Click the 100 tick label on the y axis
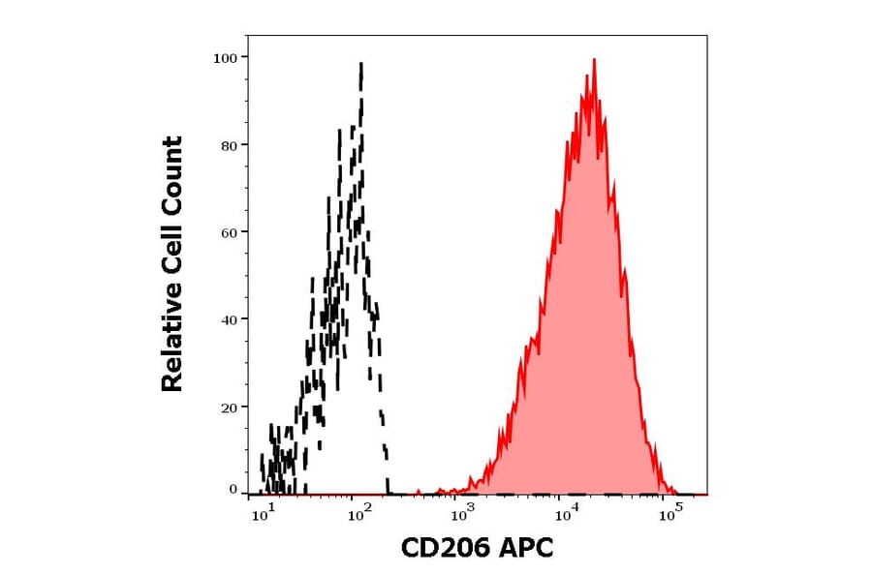coord(225,57)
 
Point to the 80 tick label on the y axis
coord(228,145)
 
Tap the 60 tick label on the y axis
coord(228,232)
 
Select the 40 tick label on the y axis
coord(228,319)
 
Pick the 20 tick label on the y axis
coord(228,407)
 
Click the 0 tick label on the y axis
coord(233,490)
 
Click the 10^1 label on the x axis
coord(263,515)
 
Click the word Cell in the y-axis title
coord(172,250)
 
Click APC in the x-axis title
coord(523,549)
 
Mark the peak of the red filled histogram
coord(593,60)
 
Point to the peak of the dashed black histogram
coord(360,64)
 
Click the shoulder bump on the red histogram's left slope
coord(530,341)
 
